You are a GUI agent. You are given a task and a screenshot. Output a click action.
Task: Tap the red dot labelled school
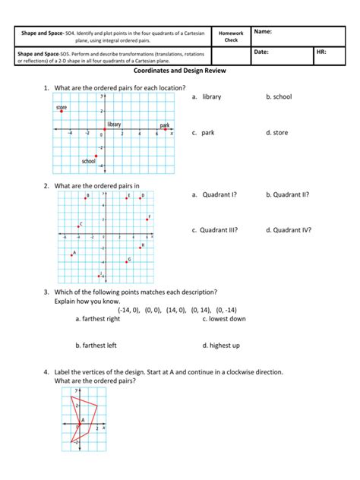96,156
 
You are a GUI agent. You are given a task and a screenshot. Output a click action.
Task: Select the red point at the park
165,130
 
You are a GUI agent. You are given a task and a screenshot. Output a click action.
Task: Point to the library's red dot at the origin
105,130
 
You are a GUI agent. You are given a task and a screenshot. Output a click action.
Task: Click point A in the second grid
71,255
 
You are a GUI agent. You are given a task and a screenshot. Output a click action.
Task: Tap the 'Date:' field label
262,52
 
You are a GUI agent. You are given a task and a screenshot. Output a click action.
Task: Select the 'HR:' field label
321,52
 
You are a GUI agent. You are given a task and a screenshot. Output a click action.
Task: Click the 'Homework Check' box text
231,36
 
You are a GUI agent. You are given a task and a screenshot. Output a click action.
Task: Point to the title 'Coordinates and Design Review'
179,71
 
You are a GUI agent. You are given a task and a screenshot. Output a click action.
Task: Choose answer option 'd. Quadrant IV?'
288,229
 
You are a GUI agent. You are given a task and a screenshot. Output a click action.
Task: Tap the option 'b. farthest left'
96,345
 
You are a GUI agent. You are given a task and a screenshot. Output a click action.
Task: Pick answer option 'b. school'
279,97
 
